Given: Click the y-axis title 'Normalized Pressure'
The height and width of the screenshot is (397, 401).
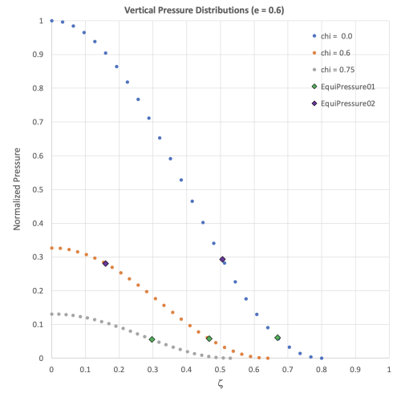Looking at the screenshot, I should click(17, 189).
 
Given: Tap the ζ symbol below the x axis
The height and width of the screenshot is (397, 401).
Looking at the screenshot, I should click(219, 384).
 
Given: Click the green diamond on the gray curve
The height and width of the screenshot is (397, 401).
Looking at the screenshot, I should click(152, 339).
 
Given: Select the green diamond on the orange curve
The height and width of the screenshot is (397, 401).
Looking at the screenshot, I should click(209, 338).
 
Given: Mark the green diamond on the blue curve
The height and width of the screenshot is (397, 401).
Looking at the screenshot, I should click(277, 338).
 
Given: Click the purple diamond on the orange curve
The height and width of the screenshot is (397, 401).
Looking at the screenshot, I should click(105, 263).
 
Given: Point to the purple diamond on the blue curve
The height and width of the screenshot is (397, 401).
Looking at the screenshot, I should click(222, 259).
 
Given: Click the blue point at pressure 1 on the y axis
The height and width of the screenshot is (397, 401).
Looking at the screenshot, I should click(51, 21).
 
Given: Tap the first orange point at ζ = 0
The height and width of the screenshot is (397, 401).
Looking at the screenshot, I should click(51, 248).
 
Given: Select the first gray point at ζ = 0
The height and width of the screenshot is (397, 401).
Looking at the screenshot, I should click(51, 314).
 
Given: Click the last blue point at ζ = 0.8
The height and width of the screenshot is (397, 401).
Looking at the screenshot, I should click(322, 358).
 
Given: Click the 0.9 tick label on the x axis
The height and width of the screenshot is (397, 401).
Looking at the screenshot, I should click(355, 369).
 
